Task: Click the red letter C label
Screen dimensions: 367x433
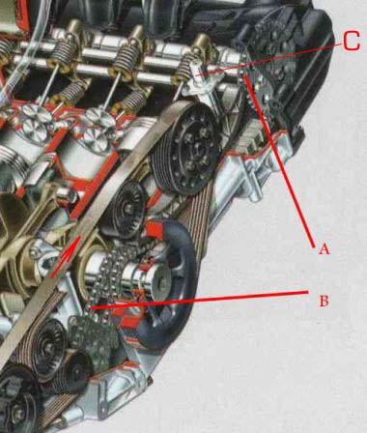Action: [x=352, y=42]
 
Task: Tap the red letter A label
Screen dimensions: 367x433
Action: [x=324, y=249]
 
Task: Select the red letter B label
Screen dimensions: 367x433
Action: [x=324, y=302]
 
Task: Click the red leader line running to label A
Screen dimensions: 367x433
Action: [x=279, y=161]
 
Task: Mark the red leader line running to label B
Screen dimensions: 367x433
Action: [x=199, y=300]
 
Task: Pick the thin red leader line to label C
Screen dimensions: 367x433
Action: [x=268, y=60]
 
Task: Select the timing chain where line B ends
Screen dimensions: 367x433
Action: [x=92, y=307]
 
